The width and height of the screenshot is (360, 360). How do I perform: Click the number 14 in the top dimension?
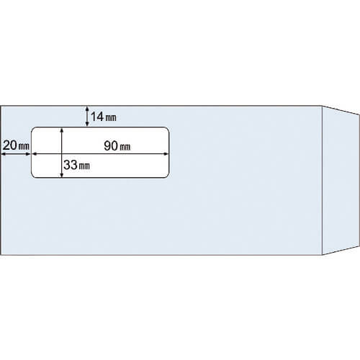point(97,117)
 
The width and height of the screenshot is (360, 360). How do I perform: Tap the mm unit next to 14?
point(111,118)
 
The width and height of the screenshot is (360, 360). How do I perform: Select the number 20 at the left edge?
point(10,145)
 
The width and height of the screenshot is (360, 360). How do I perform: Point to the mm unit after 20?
point(24,146)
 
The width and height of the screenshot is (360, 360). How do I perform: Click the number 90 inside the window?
point(111,145)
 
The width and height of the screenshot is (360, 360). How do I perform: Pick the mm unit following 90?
point(125,147)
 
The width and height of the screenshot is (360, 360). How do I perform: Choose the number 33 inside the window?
point(71,165)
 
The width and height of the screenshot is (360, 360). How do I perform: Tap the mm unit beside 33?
point(84,166)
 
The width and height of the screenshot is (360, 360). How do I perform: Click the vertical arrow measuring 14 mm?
point(87,117)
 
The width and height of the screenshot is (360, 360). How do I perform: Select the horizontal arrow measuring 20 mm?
point(16,154)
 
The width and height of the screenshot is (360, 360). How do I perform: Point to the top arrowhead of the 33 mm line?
point(62,130)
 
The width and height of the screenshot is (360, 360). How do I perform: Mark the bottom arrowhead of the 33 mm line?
point(62,175)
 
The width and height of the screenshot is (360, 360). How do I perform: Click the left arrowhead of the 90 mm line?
point(35,154)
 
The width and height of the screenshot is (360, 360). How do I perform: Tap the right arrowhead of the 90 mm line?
point(166,154)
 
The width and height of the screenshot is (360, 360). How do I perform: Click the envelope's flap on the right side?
point(341,180)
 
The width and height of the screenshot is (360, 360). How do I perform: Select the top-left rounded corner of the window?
point(33,129)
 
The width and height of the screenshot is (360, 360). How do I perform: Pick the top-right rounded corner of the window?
point(168,129)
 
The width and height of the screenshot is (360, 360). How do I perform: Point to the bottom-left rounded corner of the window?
point(33,176)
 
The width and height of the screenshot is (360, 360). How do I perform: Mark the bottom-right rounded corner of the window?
point(168,176)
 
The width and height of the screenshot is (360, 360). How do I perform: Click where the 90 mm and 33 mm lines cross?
point(62,154)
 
